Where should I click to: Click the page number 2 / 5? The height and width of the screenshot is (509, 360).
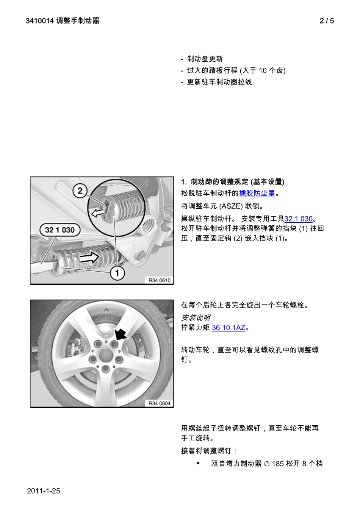point(327,21)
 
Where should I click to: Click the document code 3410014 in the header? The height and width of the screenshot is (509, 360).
point(40,21)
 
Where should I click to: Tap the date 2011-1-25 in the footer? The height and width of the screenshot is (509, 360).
point(44,491)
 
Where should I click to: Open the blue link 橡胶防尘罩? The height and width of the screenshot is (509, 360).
point(257,194)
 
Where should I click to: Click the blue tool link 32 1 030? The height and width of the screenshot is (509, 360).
point(299,219)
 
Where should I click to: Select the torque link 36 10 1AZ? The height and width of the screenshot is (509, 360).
point(229,328)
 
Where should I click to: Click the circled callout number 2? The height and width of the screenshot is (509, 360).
point(80,190)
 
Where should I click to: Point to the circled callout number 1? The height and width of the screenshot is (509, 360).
point(117,273)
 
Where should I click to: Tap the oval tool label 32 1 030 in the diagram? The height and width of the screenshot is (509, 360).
point(60,230)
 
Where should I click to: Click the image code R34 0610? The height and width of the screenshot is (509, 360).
point(160,280)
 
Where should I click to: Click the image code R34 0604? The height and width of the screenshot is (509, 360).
point(160,403)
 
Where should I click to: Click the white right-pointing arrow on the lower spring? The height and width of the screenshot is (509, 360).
point(90,258)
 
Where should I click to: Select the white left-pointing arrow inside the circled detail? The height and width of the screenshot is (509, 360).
point(98,213)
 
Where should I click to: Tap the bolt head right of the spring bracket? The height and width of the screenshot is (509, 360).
point(141,255)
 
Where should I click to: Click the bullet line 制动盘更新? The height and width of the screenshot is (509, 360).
point(205,59)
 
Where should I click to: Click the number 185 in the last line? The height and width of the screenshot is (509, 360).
point(278,464)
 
